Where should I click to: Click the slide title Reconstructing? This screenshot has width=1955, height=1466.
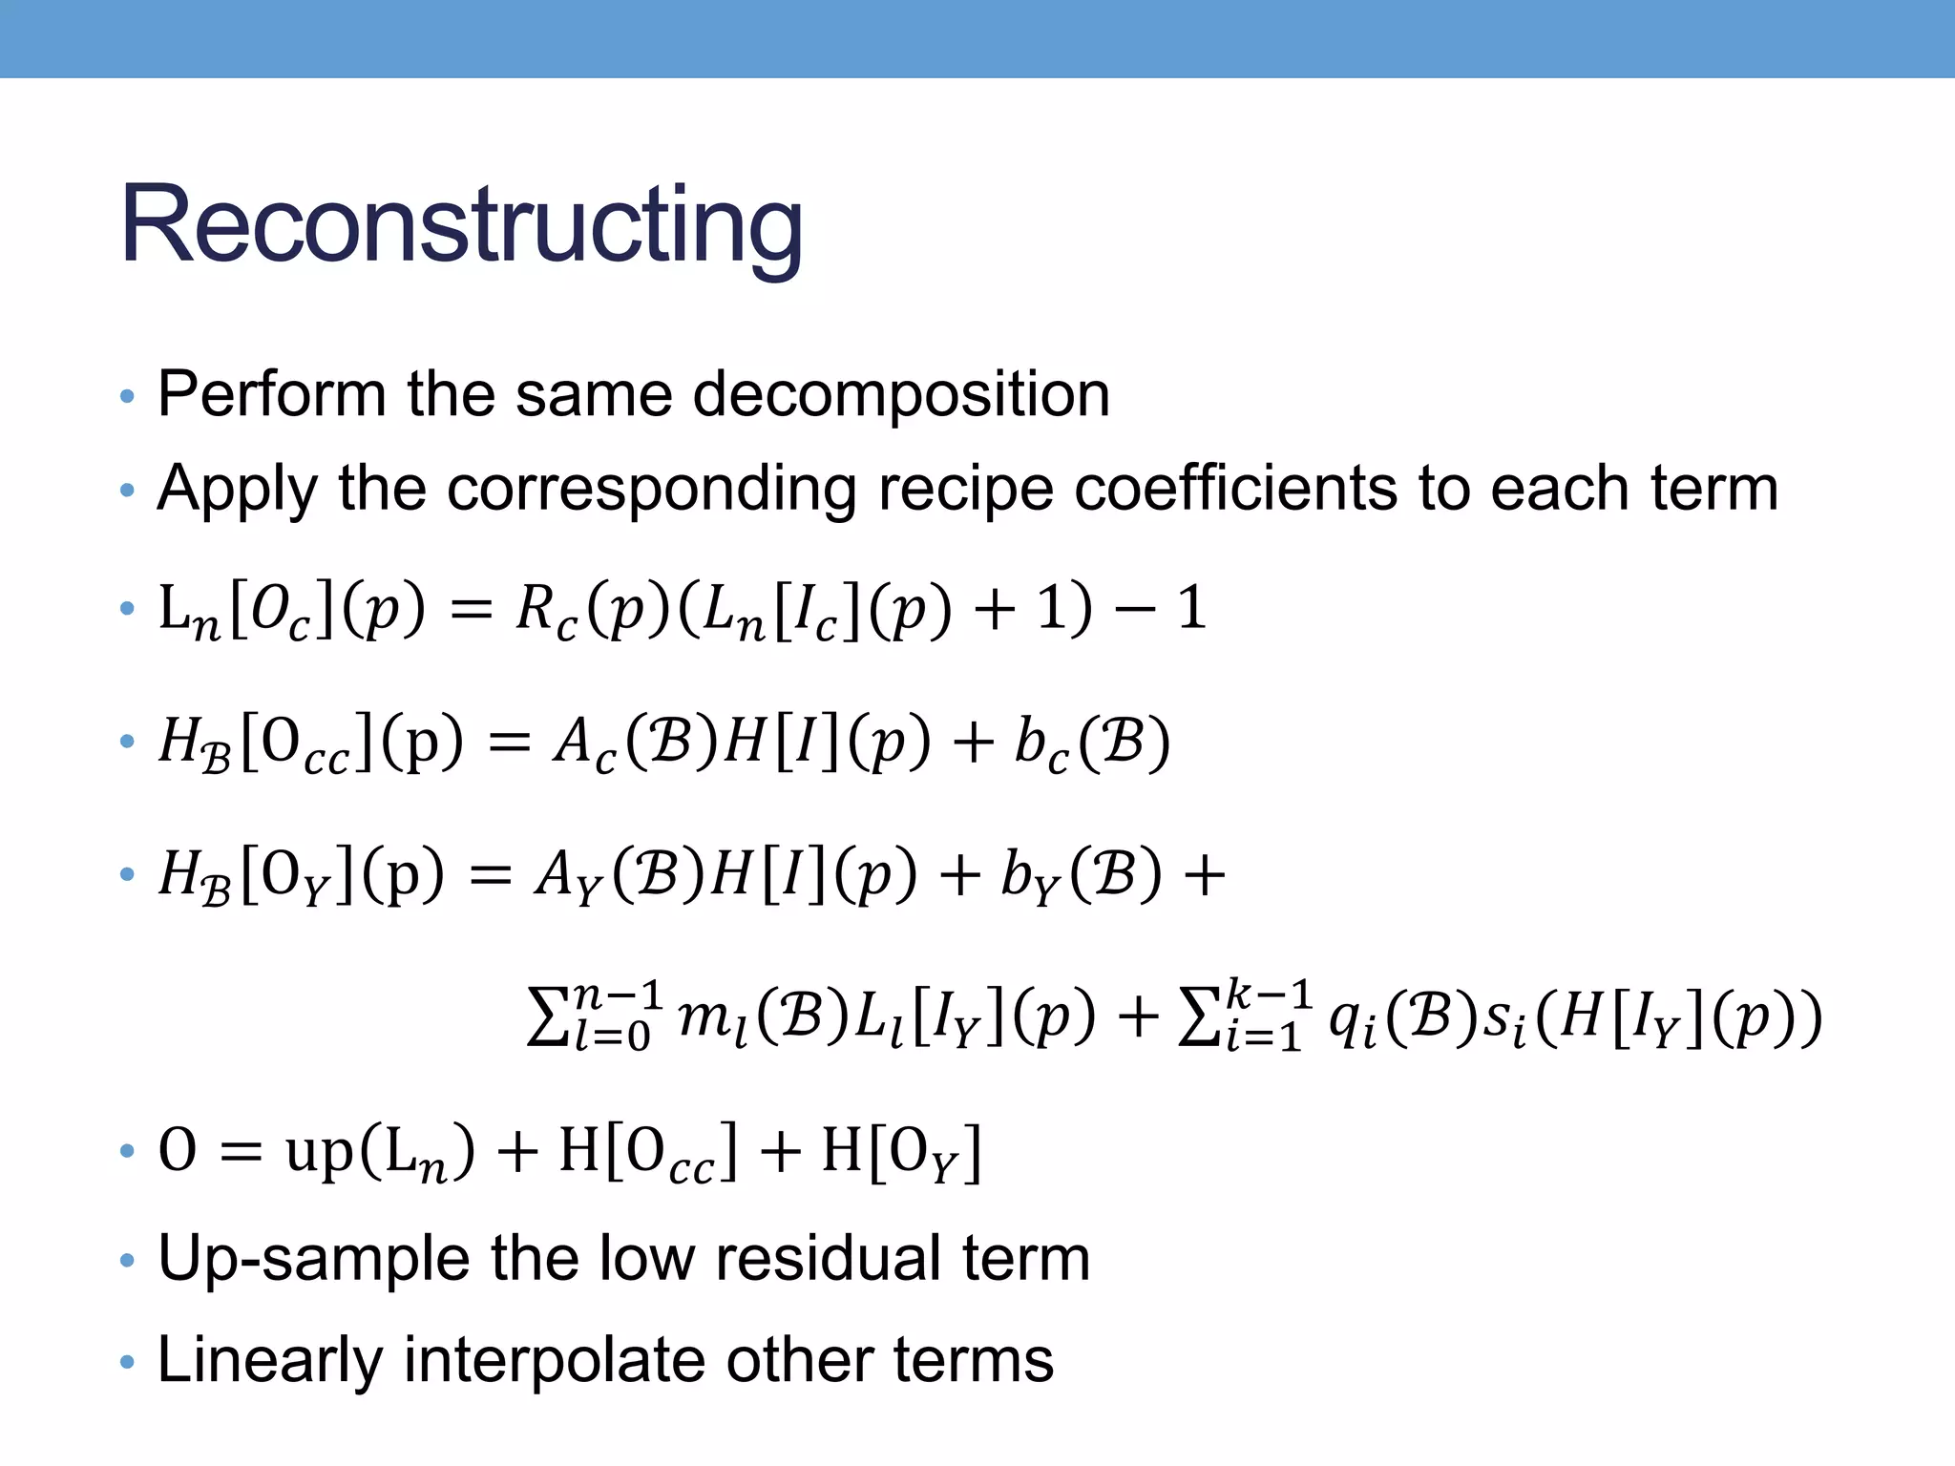461,225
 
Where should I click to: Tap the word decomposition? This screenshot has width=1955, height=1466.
901,394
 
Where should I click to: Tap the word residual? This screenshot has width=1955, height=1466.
829,1258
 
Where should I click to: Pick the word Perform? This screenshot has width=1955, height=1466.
271,394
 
